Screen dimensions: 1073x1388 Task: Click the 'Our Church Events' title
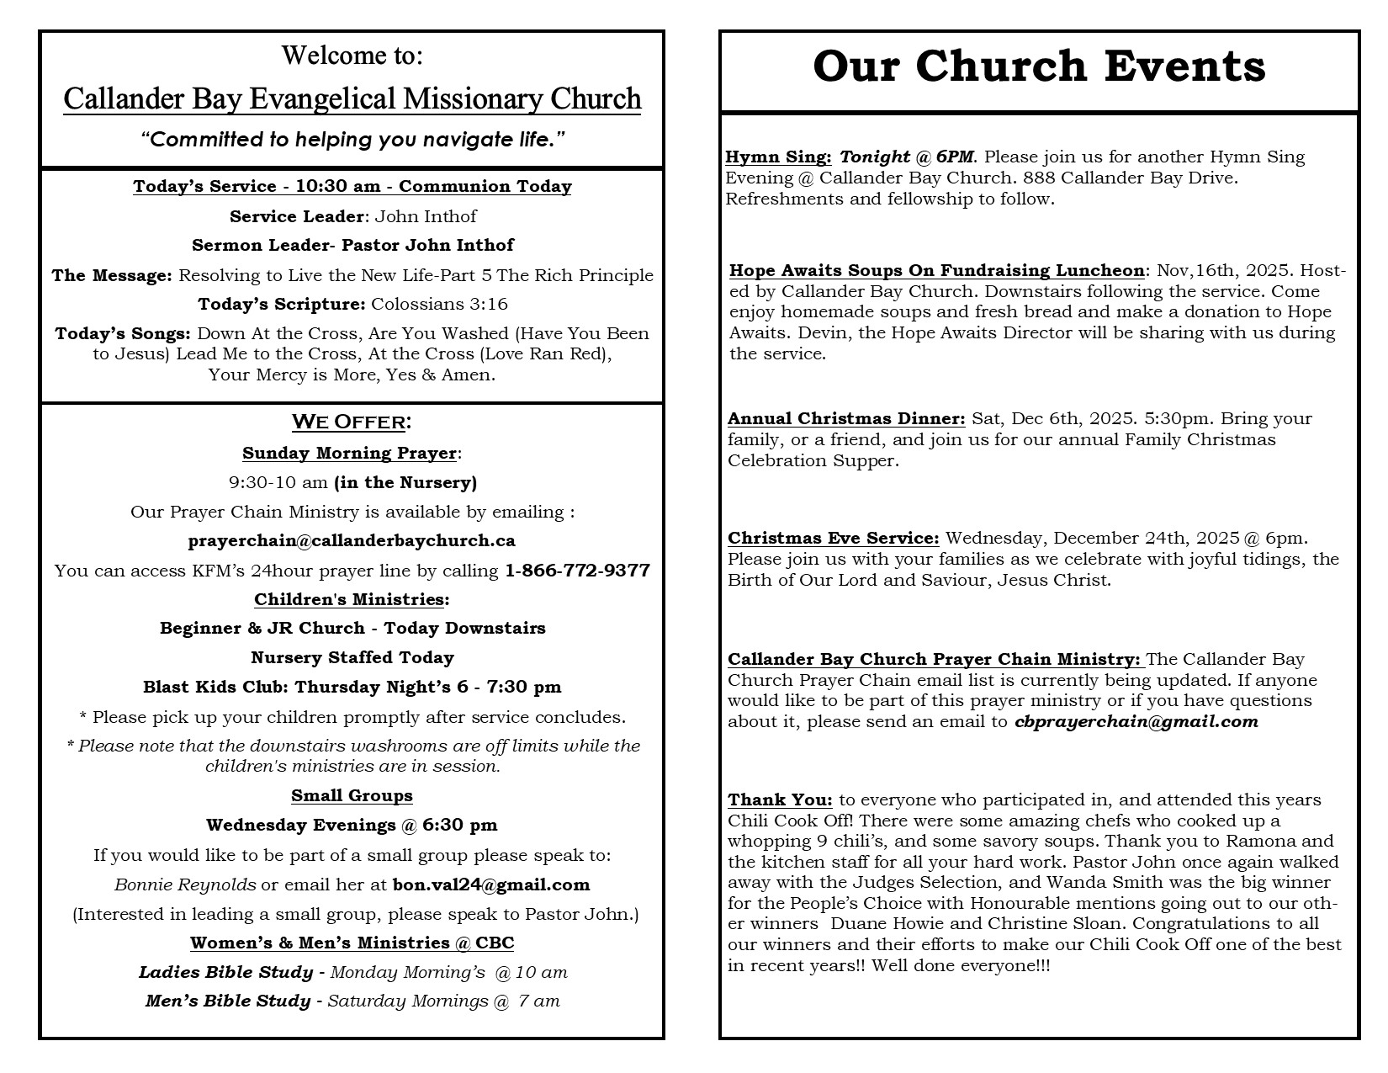[1039, 66]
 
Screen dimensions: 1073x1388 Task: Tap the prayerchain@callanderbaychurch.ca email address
[352, 540]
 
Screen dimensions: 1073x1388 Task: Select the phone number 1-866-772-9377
[577, 571]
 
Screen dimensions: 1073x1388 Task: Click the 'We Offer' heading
[352, 422]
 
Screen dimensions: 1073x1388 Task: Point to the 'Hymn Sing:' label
[778, 157]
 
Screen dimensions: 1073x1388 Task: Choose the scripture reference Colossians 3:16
[439, 304]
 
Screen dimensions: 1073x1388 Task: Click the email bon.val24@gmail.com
[491, 884]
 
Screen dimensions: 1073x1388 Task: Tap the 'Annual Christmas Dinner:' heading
[846, 418]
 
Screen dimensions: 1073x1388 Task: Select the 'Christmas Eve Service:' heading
[833, 538]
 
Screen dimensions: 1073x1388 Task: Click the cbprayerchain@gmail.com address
[1136, 721]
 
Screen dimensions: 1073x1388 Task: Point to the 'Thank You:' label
[780, 799]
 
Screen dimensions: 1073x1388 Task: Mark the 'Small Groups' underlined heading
[352, 795]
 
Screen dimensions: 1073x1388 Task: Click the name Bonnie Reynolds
[185, 884]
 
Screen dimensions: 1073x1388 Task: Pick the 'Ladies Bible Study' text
[225, 972]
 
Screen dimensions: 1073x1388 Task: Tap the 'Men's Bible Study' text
[227, 1001]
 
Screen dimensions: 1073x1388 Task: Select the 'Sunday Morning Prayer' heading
[349, 453]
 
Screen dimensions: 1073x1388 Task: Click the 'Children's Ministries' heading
[349, 599]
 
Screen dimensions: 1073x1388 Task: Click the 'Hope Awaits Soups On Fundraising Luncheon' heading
[936, 270]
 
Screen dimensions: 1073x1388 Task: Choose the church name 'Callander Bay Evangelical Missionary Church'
[352, 98]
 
